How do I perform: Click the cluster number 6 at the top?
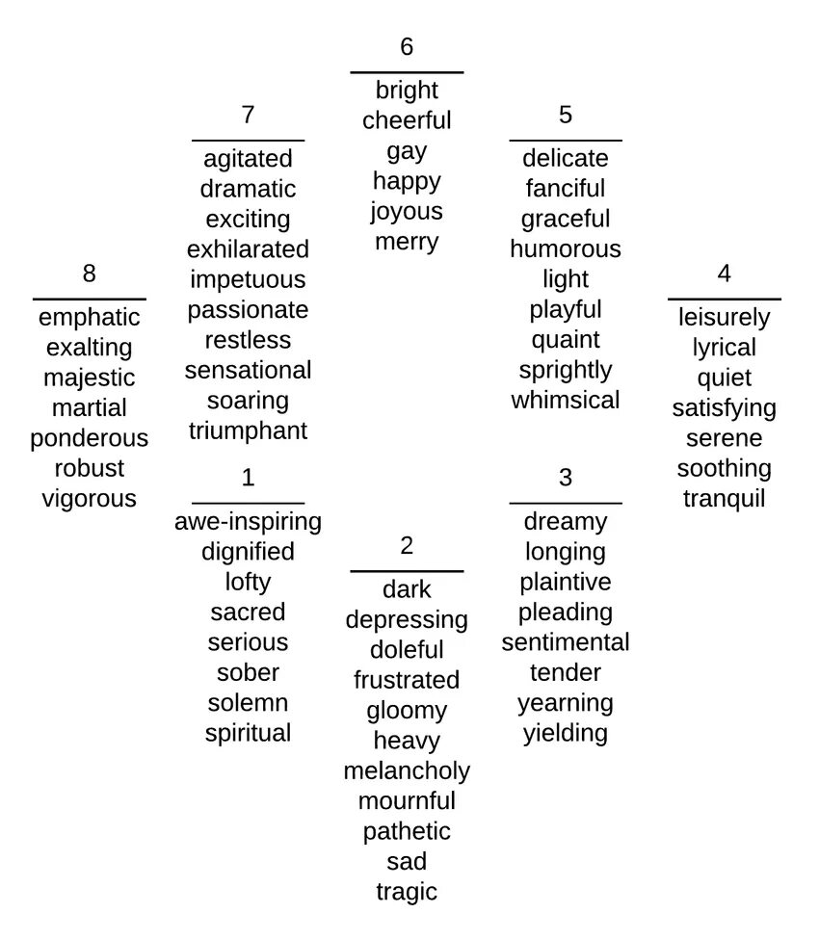[407, 46]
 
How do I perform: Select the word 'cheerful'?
[407, 120]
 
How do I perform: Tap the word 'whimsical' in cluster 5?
[566, 400]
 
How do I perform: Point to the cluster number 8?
[90, 274]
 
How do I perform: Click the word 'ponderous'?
[90, 438]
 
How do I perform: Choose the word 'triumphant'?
[248, 430]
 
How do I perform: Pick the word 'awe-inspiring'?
[248, 522]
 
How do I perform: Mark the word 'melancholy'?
[407, 770]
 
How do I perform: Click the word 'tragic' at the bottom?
[407, 892]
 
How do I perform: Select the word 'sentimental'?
[566, 642]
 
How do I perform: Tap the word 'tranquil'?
[724, 499]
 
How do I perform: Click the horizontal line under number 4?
[724, 300]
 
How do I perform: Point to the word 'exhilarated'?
[248, 249]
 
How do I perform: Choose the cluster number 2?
[407, 546]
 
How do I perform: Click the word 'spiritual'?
[248, 733]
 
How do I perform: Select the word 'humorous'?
[566, 249]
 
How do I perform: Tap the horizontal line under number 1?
[248, 503]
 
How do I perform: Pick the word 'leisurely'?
[724, 318]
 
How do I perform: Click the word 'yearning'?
[566, 703]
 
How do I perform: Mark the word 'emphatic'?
[90, 318]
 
